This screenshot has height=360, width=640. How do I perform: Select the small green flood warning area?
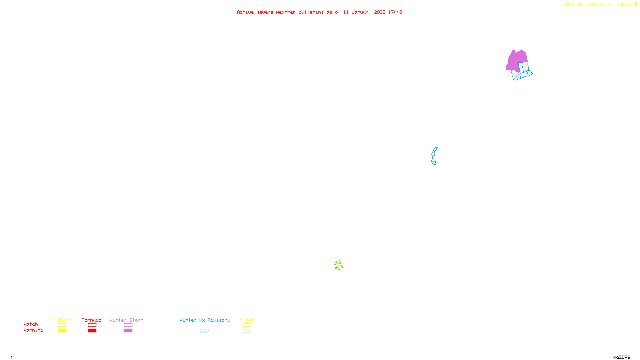338,265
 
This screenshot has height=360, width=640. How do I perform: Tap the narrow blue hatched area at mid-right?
434,155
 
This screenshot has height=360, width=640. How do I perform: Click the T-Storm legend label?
62,320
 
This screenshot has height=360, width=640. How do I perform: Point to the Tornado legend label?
92,320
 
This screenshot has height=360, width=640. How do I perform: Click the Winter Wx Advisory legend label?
205,320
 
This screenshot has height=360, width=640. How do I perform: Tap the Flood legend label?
247,320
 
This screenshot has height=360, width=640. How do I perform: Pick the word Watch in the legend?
31,324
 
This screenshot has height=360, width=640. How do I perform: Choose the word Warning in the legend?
33,330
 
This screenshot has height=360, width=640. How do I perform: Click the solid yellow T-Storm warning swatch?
62,331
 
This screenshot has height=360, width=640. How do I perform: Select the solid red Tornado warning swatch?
92,331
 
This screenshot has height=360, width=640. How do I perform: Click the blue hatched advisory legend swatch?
204,331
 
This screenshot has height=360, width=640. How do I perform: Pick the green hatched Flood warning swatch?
247,331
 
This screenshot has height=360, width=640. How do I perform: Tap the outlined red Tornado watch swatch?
92,325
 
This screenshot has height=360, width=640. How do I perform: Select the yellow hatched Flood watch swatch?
247,325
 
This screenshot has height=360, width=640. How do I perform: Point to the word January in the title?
361,12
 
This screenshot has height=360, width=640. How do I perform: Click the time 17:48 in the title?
395,12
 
